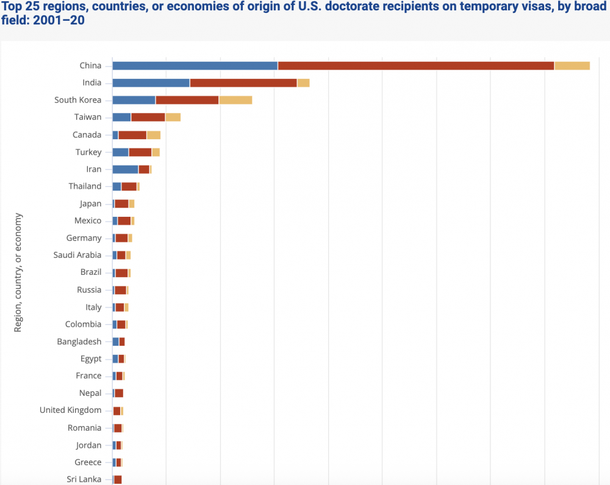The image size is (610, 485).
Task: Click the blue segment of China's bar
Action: [x=195, y=65]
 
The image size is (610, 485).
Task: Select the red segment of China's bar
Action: [x=415, y=65]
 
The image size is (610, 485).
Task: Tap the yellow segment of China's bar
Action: [x=572, y=65]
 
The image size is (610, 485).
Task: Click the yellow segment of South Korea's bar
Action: [x=235, y=100]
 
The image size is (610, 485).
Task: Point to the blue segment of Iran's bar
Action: [x=125, y=169]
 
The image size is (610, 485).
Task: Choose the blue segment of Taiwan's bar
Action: [x=121, y=117]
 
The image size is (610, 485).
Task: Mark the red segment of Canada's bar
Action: [x=132, y=135]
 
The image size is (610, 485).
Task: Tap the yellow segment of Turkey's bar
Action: [x=156, y=152]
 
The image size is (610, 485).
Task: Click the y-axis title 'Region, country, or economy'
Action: [x=18, y=272]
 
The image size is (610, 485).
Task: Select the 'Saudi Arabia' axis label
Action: [x=77, y=255]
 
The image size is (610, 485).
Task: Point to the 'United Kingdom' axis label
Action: [x=71, y=410]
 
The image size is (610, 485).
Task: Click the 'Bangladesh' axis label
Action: [x=79, y=341]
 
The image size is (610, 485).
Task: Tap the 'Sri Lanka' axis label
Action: [x=84, y=480]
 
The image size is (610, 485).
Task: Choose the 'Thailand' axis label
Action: [x=85, y=186]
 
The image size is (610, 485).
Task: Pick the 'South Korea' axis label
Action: [x=78, y=100]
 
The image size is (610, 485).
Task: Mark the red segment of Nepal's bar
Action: [x=119, y=393]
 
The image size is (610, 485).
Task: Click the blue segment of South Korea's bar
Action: [x=134, y=100]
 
